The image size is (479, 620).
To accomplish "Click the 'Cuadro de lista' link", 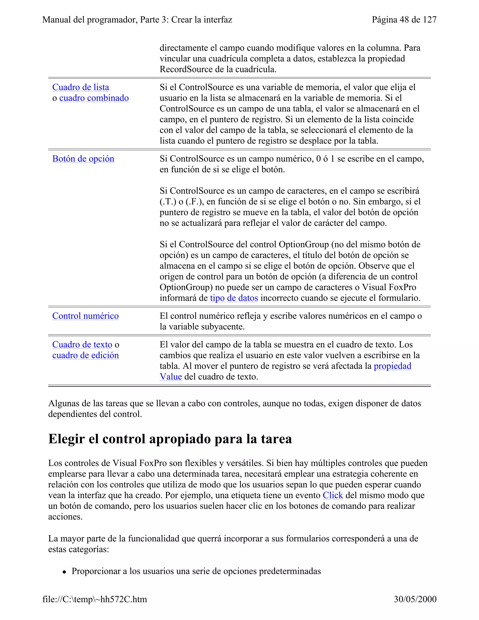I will (x=81, y=87).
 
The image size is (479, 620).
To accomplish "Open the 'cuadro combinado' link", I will (x=94, y=98).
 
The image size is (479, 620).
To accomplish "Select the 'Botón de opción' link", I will (x=83, y=159).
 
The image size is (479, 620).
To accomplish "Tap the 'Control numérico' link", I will (x=85, y=316).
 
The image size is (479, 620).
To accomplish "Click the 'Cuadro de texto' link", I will (x=82, y=345).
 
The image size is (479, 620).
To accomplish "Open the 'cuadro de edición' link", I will (x=85, y=355).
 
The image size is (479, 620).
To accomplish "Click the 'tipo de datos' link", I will (x=234, y=298).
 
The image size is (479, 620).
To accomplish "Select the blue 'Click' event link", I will (x=333, y=495).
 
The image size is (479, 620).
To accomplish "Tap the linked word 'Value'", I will (x=171, y=377).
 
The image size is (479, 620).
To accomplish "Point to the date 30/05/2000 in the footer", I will (x=415, y=599).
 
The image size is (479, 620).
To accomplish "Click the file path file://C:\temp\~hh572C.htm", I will (x=95, y=599).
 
